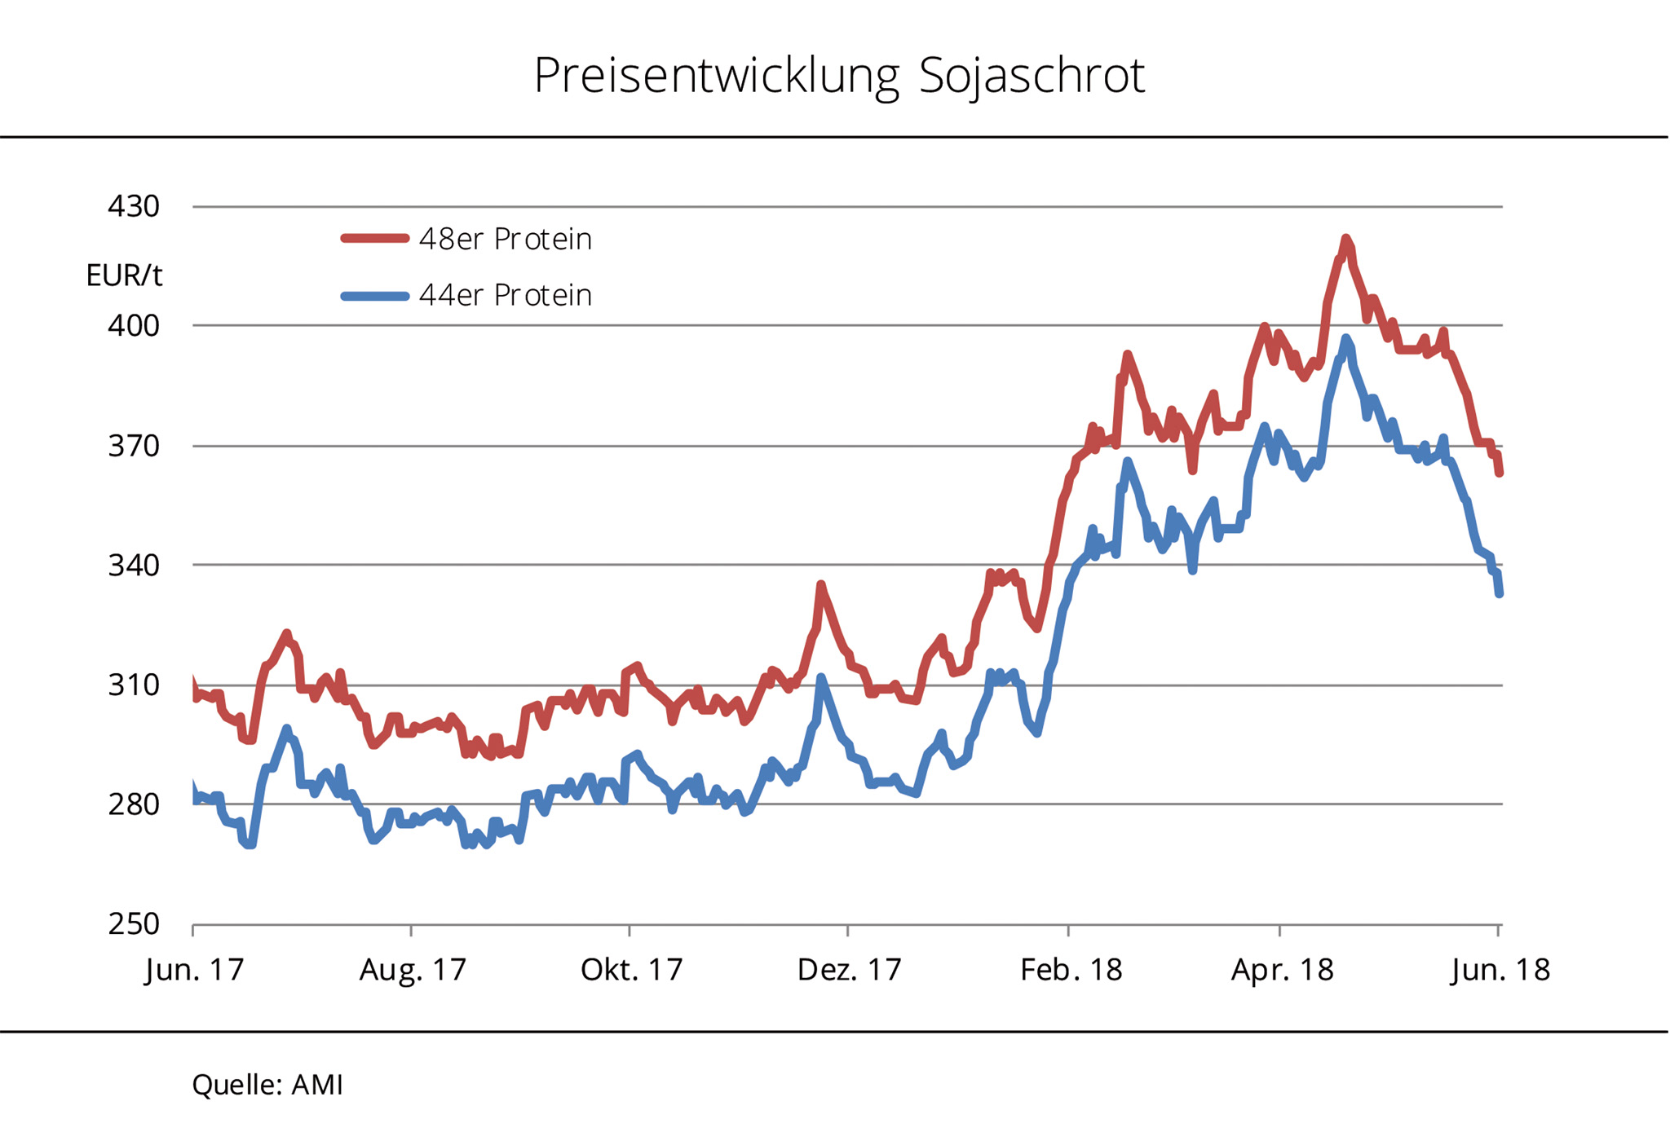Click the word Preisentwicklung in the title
[x=716, y=76]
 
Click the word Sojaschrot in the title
[x=1032, y=76]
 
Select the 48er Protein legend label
[x=505, y=239]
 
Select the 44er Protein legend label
[x=505, y=295]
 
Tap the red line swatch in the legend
[x=374, y=238]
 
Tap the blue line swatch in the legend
[x=374, y=296]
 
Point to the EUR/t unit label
[x=124, y=275]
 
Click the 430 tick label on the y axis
[x=134, y=206]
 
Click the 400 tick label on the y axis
[x=134, y=325]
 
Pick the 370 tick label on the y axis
[x=134, y=446]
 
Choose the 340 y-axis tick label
[x=134, y=565]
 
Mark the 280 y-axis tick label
[x=134, y=804]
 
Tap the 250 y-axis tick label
[x=134, y=924]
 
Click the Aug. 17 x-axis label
[x=413, y=970]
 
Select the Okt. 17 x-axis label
[x=631, y=970]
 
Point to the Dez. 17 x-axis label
[x=849, y=970]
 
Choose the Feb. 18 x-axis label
[x=1071, y=970]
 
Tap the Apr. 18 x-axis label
[x=1282, y=970]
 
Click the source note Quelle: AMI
[x=267, y=1085]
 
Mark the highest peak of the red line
[x=1345, y=238]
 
